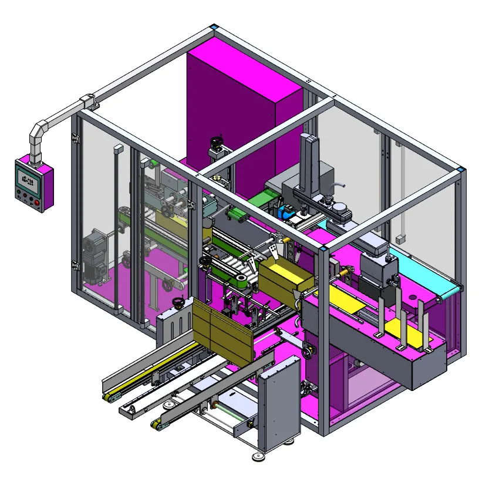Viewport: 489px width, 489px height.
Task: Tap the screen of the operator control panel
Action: [28, 178]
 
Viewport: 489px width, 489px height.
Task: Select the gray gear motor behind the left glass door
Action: [95, 254]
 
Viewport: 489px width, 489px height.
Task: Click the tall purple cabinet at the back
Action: [241, 112]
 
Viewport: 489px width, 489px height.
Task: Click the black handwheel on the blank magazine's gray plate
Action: [177, 303]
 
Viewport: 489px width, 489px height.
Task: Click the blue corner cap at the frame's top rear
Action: [214, 27]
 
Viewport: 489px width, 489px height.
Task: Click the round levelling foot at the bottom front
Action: [258, 456]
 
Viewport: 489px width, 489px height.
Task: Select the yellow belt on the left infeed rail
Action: [156, 364]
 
